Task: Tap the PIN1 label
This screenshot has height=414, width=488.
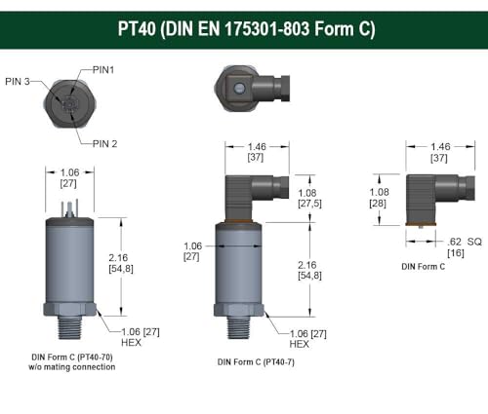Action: tap(105, 69)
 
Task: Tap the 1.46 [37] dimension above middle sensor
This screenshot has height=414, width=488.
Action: tap(256, 151)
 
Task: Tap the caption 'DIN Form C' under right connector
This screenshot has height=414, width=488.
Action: tap(425, 265)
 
